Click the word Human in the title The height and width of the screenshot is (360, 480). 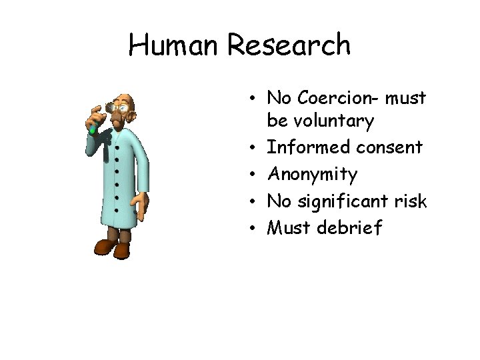(175, 45)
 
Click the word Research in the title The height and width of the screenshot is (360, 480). (289, 45)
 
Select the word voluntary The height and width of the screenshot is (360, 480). (320, 121)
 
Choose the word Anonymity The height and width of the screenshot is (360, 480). (312, 175)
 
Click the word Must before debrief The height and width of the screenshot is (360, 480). (291, 228)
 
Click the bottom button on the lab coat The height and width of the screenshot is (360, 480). (115, 211)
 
